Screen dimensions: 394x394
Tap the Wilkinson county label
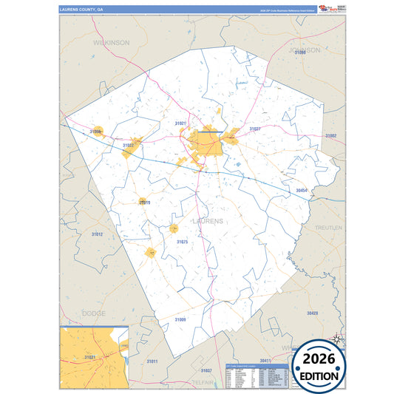coord(111,43)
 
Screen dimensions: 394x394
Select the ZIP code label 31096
coord(299,53)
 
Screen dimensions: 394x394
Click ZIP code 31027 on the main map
coord(254,129)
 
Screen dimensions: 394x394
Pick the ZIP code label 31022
coord(128,146)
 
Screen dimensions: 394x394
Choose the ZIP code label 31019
coord(145,203)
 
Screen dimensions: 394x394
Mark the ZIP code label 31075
coord(182,242)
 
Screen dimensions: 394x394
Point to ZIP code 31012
coord(97,234)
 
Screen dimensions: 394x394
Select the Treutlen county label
coord(329,228)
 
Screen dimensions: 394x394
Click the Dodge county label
coord(94,313)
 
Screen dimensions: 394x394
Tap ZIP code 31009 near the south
coord(180,319)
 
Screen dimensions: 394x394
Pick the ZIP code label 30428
coord(313,313)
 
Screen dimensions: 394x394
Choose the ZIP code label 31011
coord(152,361)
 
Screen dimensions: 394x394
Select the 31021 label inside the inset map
coord(89,358)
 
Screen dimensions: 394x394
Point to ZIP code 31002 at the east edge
coord(330,136)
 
